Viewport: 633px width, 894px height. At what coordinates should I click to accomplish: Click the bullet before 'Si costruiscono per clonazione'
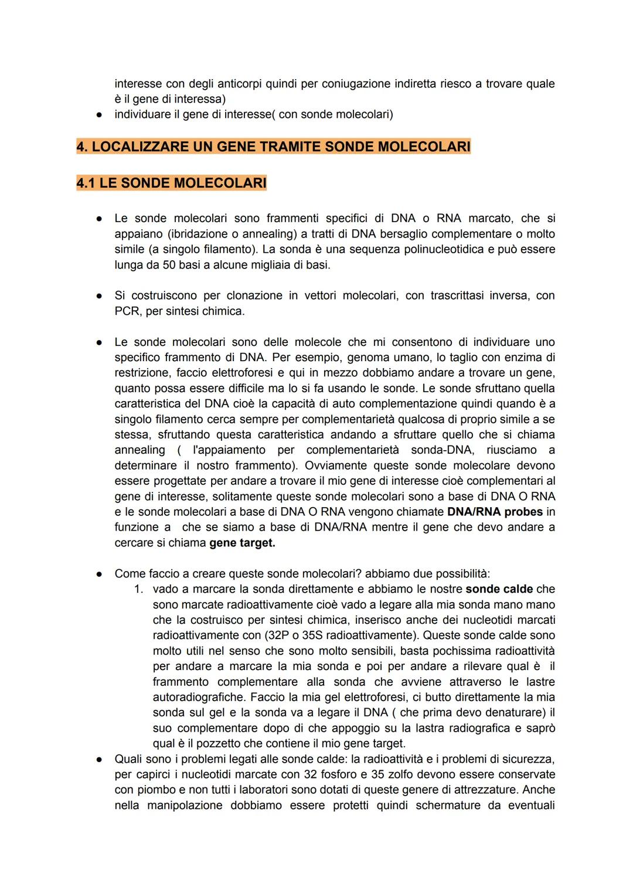click(100, 296)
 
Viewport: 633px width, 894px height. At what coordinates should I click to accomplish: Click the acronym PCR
click(127, 311)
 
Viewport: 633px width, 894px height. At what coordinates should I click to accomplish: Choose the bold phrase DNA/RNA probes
click(495, 512)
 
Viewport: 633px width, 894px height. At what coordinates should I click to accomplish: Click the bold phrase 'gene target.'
click(242, 543)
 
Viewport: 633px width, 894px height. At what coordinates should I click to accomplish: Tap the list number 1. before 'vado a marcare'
click(138, 589)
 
